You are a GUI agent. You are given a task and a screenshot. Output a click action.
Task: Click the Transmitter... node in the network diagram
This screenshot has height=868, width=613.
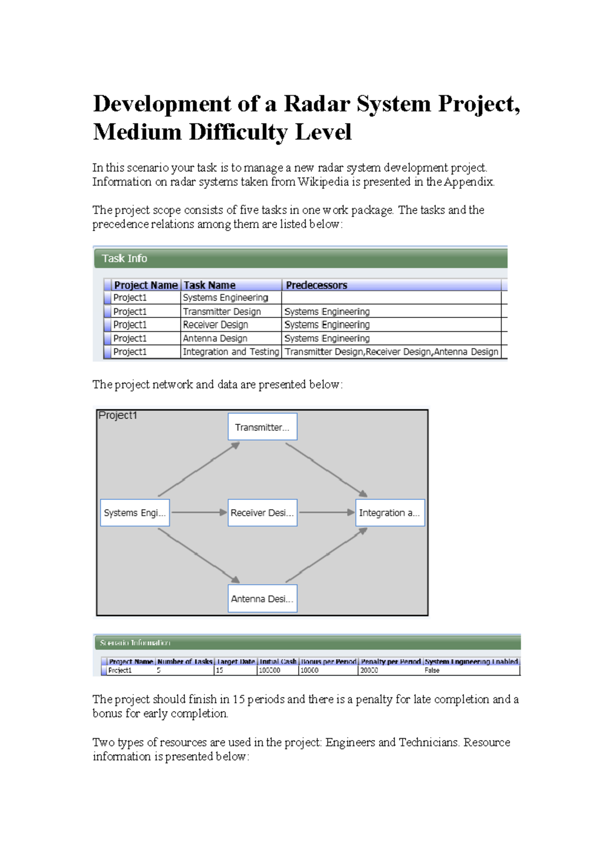tap(262, 427)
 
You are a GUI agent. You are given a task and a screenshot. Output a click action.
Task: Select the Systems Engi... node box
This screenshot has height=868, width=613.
tap(135, 513)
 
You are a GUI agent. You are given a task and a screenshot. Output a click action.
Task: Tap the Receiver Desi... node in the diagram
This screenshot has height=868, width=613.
tap(262, 513)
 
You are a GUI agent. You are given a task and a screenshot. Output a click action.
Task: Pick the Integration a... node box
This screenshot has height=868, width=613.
tap(390, 513)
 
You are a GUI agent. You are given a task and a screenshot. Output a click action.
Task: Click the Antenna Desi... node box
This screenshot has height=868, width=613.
tap(262, 599)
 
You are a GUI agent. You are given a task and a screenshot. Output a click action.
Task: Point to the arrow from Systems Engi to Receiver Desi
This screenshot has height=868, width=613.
tap(199, 512)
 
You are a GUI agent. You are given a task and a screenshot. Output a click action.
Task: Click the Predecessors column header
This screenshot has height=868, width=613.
tap(317, 285)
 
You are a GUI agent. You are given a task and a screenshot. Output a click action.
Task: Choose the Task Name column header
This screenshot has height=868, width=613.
tap(209, 285)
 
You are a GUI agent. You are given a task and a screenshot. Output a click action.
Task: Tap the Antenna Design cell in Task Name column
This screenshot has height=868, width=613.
tap(215, 338)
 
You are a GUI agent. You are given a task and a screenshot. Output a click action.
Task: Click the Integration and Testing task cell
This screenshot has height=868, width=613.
tap(231, 352)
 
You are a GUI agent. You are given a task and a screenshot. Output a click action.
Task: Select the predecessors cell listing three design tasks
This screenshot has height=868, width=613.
tap(391, 352)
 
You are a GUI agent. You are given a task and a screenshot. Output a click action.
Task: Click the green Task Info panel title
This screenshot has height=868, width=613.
tap(125, 259)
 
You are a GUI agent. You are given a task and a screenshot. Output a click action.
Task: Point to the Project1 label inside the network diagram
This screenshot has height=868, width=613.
tap(118, 416)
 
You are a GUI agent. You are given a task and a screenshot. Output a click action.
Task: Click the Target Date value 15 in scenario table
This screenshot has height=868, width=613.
tap(220, 670)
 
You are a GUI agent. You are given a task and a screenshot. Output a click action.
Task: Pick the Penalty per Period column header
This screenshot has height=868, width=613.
tap(391, 661)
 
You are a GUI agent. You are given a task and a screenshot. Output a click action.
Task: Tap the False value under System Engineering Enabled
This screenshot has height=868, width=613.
tap(432, 670)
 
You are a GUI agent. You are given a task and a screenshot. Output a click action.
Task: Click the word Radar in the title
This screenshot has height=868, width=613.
tap(317, 104)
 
